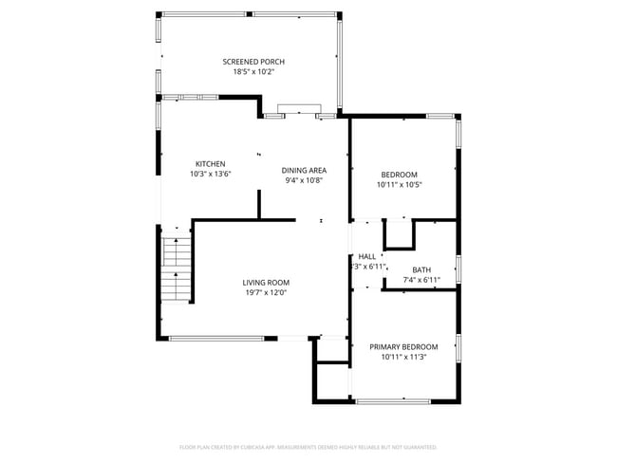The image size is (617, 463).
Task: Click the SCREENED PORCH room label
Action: click(x=253, y=62)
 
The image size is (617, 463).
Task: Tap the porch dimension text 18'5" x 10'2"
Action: click(x=253, y=72)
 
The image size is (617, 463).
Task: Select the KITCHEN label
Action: click(x=211, y=163)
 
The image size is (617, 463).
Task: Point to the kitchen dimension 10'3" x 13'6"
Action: click(x=211, y=174)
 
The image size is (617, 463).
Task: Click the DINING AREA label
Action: click(x=303, y=170)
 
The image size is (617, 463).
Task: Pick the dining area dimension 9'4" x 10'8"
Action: click(x=303, y=180)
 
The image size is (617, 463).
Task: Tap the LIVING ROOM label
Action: click(x=266, y=282)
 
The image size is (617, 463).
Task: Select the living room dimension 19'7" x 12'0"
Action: click(x=266, y=292)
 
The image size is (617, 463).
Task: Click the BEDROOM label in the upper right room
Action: click(x=399, y=174)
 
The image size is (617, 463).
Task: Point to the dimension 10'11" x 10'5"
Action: click(x=399, y=184)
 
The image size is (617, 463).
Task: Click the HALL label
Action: click(x=367, y=256)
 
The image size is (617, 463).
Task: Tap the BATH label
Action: click(x=421, y=269)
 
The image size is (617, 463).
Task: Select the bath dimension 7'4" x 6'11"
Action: click(x=421, y=280)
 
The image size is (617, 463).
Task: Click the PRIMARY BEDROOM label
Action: click(x=403, y=347)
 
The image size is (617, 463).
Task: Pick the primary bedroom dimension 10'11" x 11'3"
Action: click(x=403, y=358)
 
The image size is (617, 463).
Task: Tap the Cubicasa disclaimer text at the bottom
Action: click(x=308, y=446)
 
